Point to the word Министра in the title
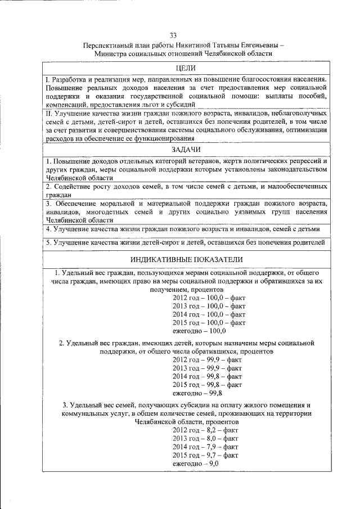(x=114, y=53)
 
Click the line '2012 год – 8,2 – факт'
(x=205, y=430)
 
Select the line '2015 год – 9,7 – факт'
(x=205, y=454)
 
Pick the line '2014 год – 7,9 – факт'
(x=205, y=447)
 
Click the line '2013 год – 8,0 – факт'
(x=205, y=438)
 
